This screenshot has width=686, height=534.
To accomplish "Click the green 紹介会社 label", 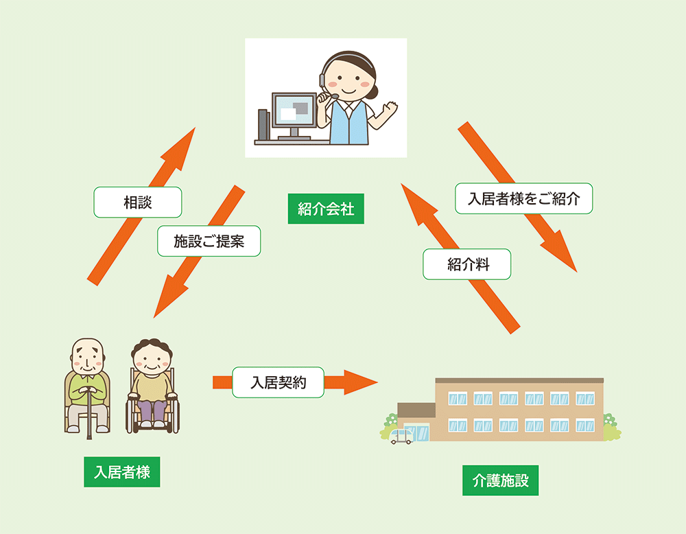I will coord(326,209).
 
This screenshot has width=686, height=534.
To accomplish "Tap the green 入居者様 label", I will coord(122,472).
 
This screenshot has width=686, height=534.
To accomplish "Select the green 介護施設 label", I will coord(501,480).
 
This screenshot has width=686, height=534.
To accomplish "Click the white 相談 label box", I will coord(137,202).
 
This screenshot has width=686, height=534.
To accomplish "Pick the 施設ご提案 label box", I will coord(209,241).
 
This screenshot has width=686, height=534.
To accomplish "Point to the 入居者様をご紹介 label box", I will coord(523,198).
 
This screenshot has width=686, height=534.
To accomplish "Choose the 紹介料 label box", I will coord(467,264).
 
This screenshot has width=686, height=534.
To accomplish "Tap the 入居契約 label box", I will coord(278,382).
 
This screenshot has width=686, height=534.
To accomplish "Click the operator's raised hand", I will coord(390,110).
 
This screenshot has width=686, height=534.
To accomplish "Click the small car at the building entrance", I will coord(401,437).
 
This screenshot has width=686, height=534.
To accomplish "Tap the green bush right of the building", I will coord(611,429).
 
